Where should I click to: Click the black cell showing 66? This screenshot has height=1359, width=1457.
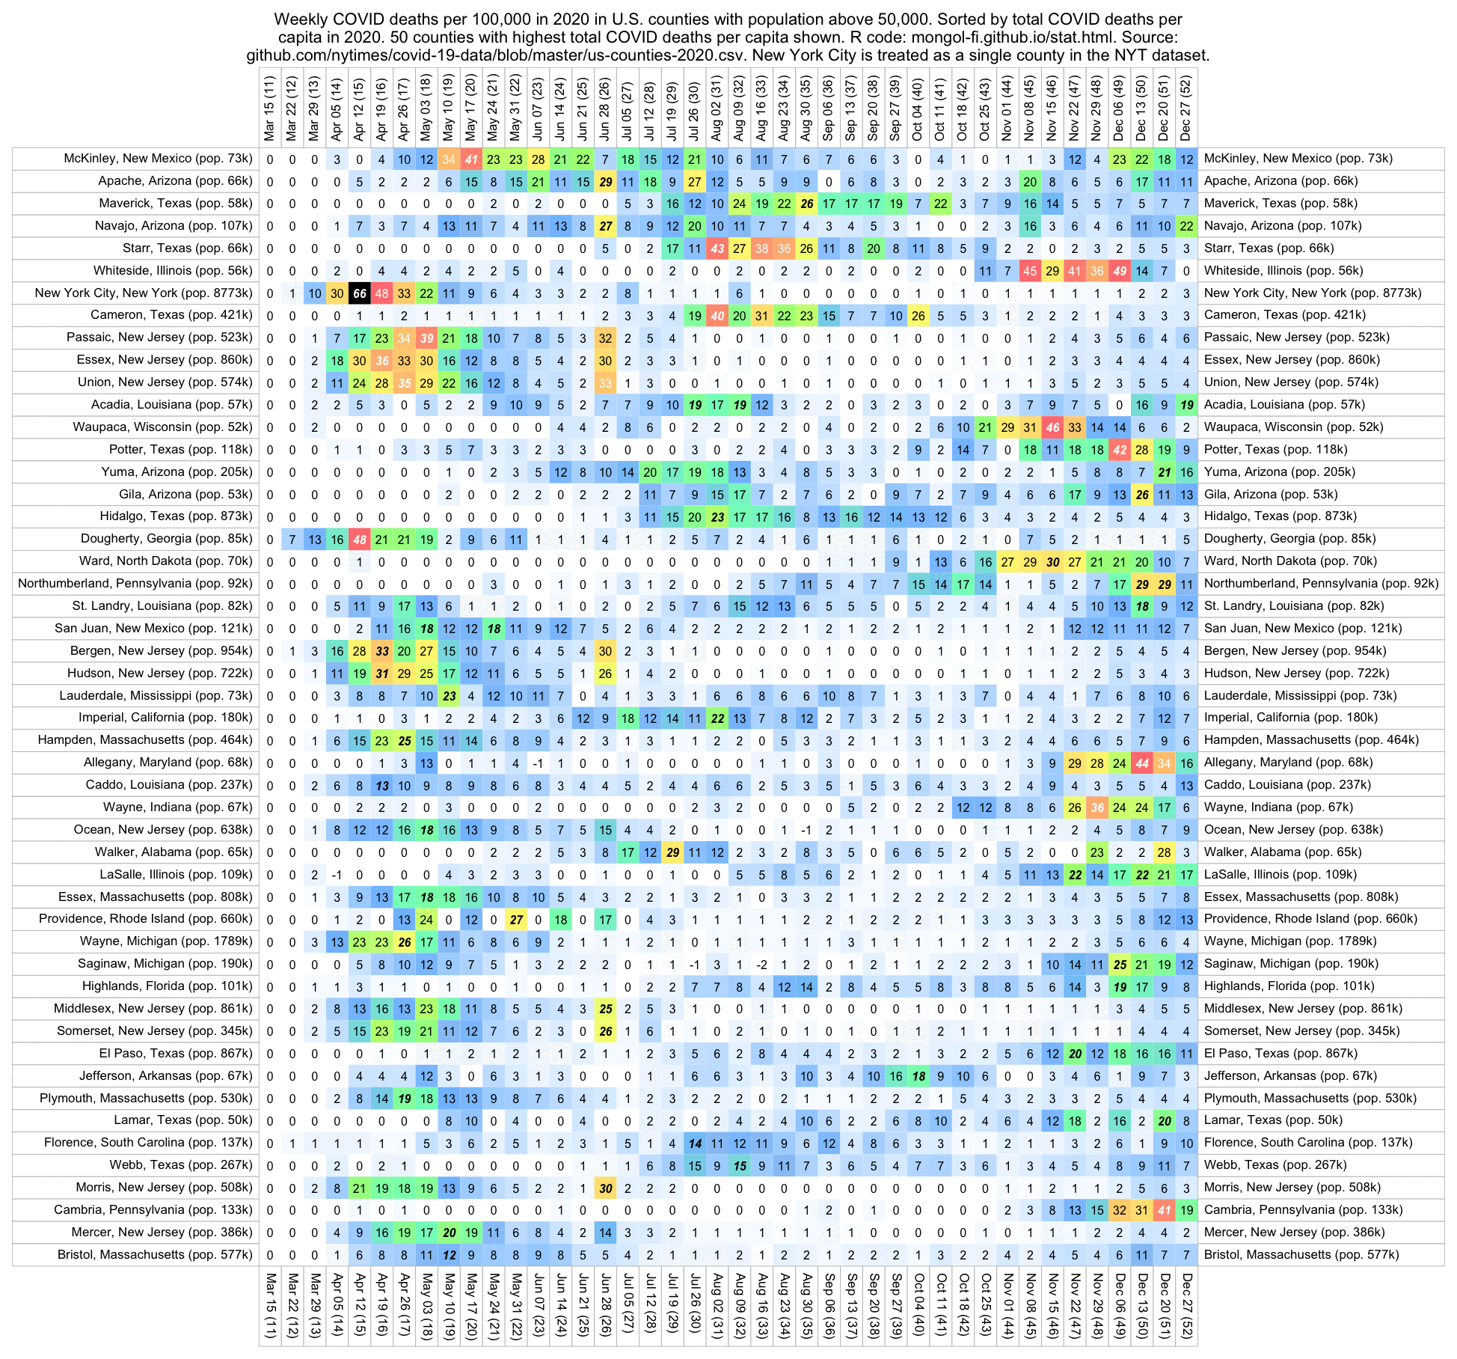click(360, 293)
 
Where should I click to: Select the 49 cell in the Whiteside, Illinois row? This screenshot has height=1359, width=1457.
click(1120, 271)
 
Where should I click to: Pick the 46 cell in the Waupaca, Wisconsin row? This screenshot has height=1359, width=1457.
click(1053, 427)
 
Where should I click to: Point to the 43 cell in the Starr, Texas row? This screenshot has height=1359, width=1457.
click(717, 248)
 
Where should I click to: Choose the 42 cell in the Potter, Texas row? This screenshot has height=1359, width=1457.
click(1120, 450)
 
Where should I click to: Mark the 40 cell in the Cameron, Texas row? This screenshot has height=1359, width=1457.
click(717, 316)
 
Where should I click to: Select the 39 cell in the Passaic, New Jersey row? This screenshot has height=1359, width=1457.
click(427, 338)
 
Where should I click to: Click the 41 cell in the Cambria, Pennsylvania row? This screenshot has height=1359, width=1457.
click(1165, 1210)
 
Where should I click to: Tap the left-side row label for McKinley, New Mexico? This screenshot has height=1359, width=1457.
click(158, 159)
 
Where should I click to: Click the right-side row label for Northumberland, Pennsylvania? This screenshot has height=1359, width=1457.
click(1321, 584)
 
